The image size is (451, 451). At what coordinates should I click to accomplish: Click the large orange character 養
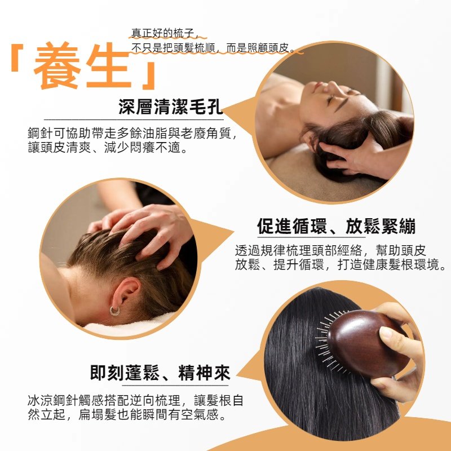coord(57,65)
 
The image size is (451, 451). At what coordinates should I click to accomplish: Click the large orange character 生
coord(109,65)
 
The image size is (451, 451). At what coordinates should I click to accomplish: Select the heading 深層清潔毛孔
coord(171,107)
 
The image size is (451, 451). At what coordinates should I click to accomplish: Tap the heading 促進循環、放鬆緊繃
coord(336,226)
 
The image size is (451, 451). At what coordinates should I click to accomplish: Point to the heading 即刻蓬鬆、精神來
coord(160,373)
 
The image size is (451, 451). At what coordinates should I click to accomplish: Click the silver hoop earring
coord(114,311)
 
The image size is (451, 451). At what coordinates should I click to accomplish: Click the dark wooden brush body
coord(368,343)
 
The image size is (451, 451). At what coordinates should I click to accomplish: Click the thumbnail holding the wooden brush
coord(386,333)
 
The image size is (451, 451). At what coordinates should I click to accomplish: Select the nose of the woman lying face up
coord(334,86)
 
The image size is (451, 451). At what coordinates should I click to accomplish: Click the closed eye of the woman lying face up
coord(331,99)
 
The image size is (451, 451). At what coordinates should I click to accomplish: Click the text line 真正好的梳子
coord(162,33)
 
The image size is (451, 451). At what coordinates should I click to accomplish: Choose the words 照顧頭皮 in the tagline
coord(268,48)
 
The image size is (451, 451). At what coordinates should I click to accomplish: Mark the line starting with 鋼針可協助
coord(132,133)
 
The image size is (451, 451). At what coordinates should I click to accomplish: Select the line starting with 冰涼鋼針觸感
coord(135,400)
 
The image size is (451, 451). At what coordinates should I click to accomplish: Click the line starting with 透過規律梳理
coord(330,250)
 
